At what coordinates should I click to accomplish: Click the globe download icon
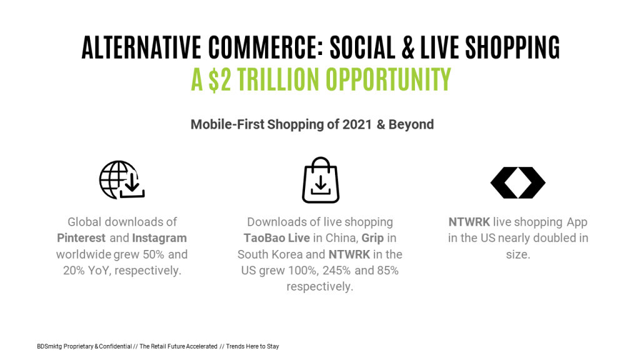pyautogui.click(x=122, y=179)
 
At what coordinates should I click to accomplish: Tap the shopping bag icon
pyautogui.click(x=321, y=180)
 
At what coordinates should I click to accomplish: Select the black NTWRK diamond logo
pyautogui.click(x=518, y=182)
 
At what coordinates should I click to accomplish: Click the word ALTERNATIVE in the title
pyautogui.click(x=141, y=47)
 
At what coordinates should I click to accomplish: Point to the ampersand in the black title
pyautogui.click(x=408, y=47)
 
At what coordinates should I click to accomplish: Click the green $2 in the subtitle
pyautogui.click(x=219, y=79)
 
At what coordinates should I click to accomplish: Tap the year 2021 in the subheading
pyautogui.click(x=357, y=124)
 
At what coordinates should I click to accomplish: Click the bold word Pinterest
pyautogui.click(x=81, y=238)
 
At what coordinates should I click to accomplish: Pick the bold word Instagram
pyautogui.click(x=159, y=238)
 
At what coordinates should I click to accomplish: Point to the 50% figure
pyautogui.click(x=154, y=254)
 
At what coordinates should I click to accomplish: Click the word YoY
pyautogui.click(x=98, y=270)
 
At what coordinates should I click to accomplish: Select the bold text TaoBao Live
pyautogui.click(x=277, y=238)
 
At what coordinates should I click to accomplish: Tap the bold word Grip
pyautogui.click(x=372, y=238)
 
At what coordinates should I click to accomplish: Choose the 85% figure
pyautogui.click(x=387, y=270)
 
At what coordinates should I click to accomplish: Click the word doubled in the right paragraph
pyautogui.click(x=555, y=238)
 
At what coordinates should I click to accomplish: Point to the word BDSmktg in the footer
pyautogui.click(x=49, y=346)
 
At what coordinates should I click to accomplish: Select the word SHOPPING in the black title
pyautogui.click(x=512, y=47)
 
